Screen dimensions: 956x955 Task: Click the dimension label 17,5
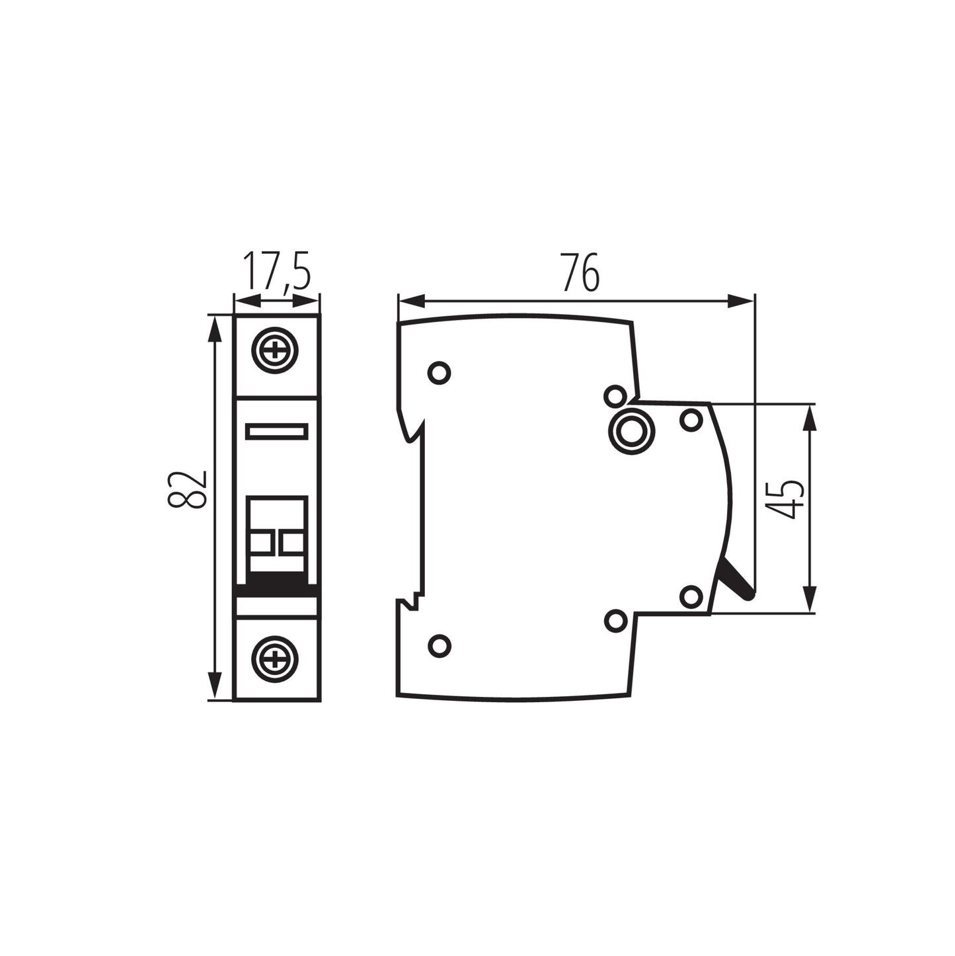point(276,272)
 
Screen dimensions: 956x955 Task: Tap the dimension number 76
point(580,272)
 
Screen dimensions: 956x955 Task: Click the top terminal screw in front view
point(275,350)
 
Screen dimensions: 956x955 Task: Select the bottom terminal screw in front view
point(275,658)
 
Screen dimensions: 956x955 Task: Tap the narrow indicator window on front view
point(276,432)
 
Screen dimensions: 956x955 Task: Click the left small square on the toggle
point(261,543)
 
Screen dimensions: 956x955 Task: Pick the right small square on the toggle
point(291,543)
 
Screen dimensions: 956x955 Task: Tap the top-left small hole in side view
point(439,372)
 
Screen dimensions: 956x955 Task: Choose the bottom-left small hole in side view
point(439,645)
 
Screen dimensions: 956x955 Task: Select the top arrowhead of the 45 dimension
point(810,417)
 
